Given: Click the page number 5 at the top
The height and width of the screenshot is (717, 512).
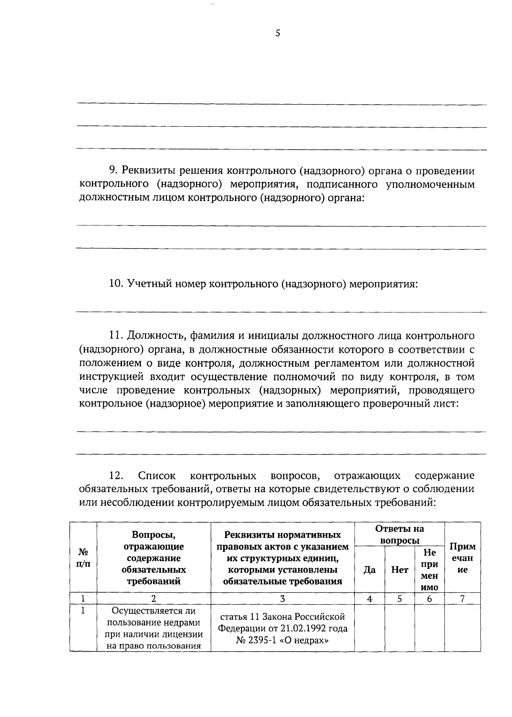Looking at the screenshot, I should [277, 34].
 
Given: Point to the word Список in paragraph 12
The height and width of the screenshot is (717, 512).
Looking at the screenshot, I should [157, 475].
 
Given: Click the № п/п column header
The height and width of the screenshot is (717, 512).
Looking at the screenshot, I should [83, 558].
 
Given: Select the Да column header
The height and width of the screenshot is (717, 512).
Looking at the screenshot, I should [369, 569].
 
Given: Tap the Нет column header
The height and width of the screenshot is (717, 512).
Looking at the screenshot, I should [399, 569].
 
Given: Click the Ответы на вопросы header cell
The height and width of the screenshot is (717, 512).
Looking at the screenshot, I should [399, 535].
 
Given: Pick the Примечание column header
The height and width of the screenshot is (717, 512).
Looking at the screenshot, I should [463, 558].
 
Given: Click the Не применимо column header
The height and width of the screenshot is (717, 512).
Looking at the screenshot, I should [429, 570].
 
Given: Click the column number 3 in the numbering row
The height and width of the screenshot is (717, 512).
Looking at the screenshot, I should [282, 599].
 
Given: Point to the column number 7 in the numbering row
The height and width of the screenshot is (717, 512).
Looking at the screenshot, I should [463, 599].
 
